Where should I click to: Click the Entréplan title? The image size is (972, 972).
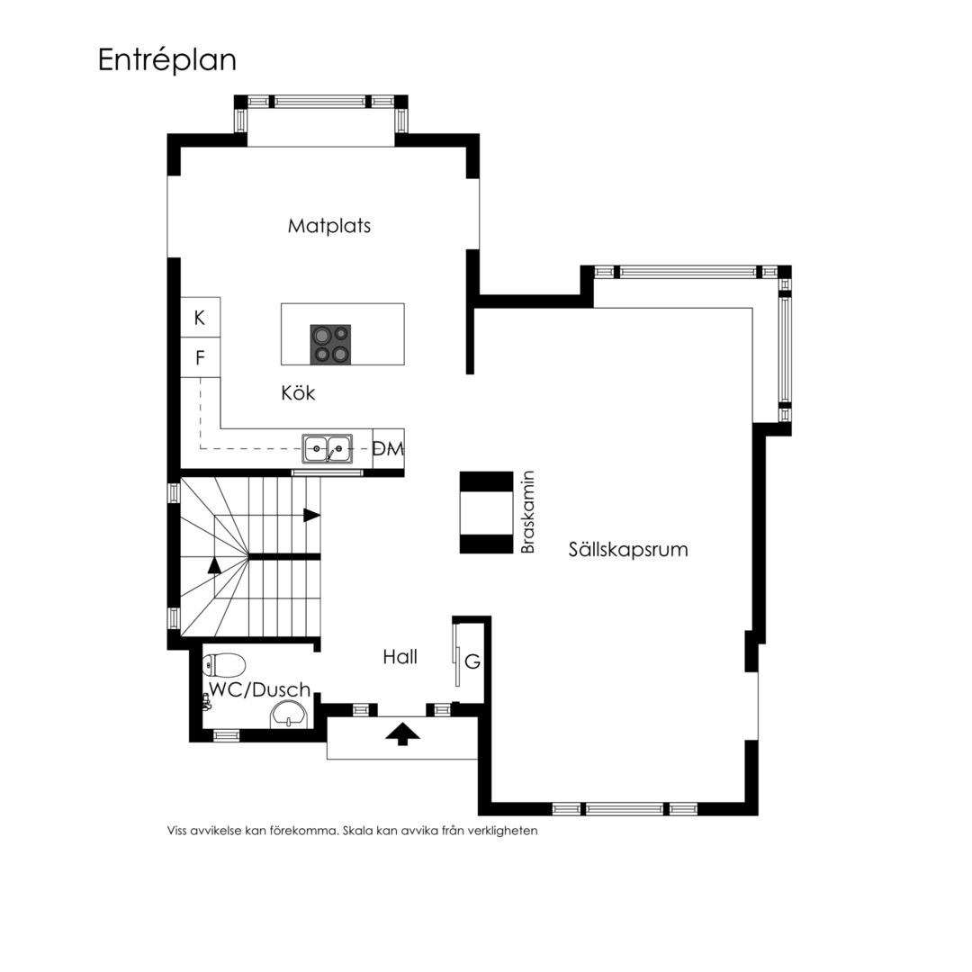pos(167,61)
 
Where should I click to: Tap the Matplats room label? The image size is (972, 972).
pos(329,226)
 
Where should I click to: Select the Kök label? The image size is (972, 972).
pos(298,393)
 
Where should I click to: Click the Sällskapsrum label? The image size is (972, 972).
pos(628,549)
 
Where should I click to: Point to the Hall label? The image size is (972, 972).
pos(400,657)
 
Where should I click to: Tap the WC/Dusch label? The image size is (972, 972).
pos(260,689)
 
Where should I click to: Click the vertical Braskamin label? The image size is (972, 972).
pos(527,512)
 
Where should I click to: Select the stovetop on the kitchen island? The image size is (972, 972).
pos(330,344)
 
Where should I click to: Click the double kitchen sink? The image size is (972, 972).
pos(328,448)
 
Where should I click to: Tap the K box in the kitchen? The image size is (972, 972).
pos(200,318)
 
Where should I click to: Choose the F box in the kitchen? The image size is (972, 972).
pos(200,357)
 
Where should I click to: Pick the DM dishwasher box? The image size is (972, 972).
pos(389,449)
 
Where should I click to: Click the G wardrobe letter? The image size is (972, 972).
pos(472,662)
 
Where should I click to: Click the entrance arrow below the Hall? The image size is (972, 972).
pos(403,734)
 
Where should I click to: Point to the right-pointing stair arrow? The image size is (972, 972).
pos(311,515)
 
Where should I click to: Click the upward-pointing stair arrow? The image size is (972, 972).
pos(214,565)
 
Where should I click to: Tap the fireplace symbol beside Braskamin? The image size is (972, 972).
pos(487,512)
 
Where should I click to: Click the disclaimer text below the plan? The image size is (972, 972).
pos(352,831)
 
